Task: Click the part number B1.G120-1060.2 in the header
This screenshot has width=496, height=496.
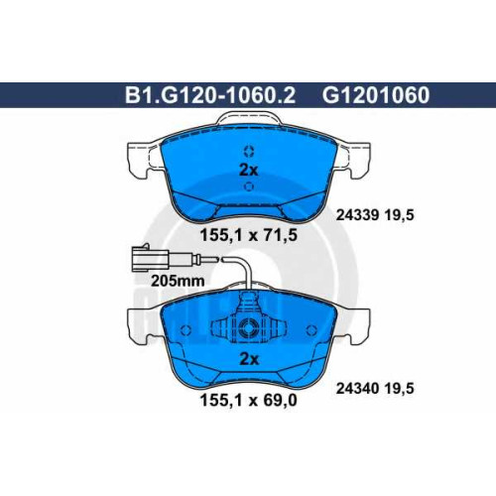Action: point(210,95)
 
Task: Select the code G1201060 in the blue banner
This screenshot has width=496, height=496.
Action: point(376,95)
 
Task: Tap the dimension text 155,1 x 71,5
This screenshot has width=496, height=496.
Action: point(249,235)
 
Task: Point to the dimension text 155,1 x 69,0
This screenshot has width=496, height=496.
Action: point(249,401)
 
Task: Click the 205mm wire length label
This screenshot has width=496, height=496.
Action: point(178,281)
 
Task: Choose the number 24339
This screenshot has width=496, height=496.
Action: point(357,215)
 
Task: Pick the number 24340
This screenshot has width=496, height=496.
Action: point(357,389)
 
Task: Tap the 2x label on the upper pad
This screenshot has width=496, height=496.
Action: point(248,171)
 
